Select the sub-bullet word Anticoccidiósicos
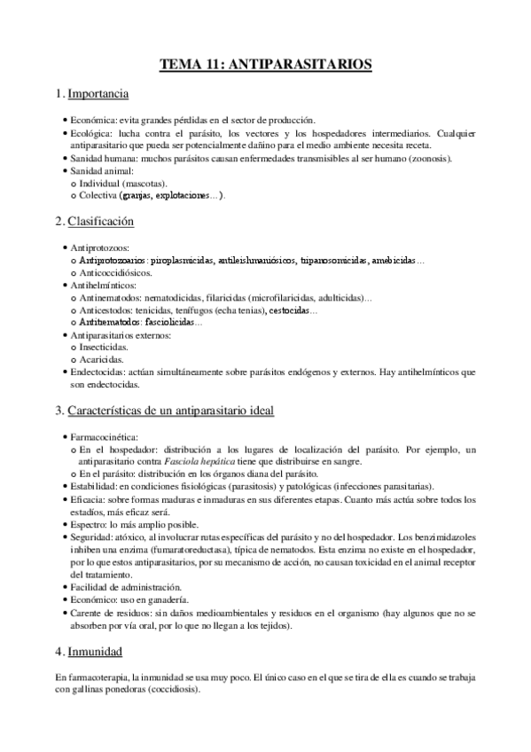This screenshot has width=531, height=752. coord(115,274)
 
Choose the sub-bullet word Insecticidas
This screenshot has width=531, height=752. coord(102,349)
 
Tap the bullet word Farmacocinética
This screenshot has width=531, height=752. coord(103,438)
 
